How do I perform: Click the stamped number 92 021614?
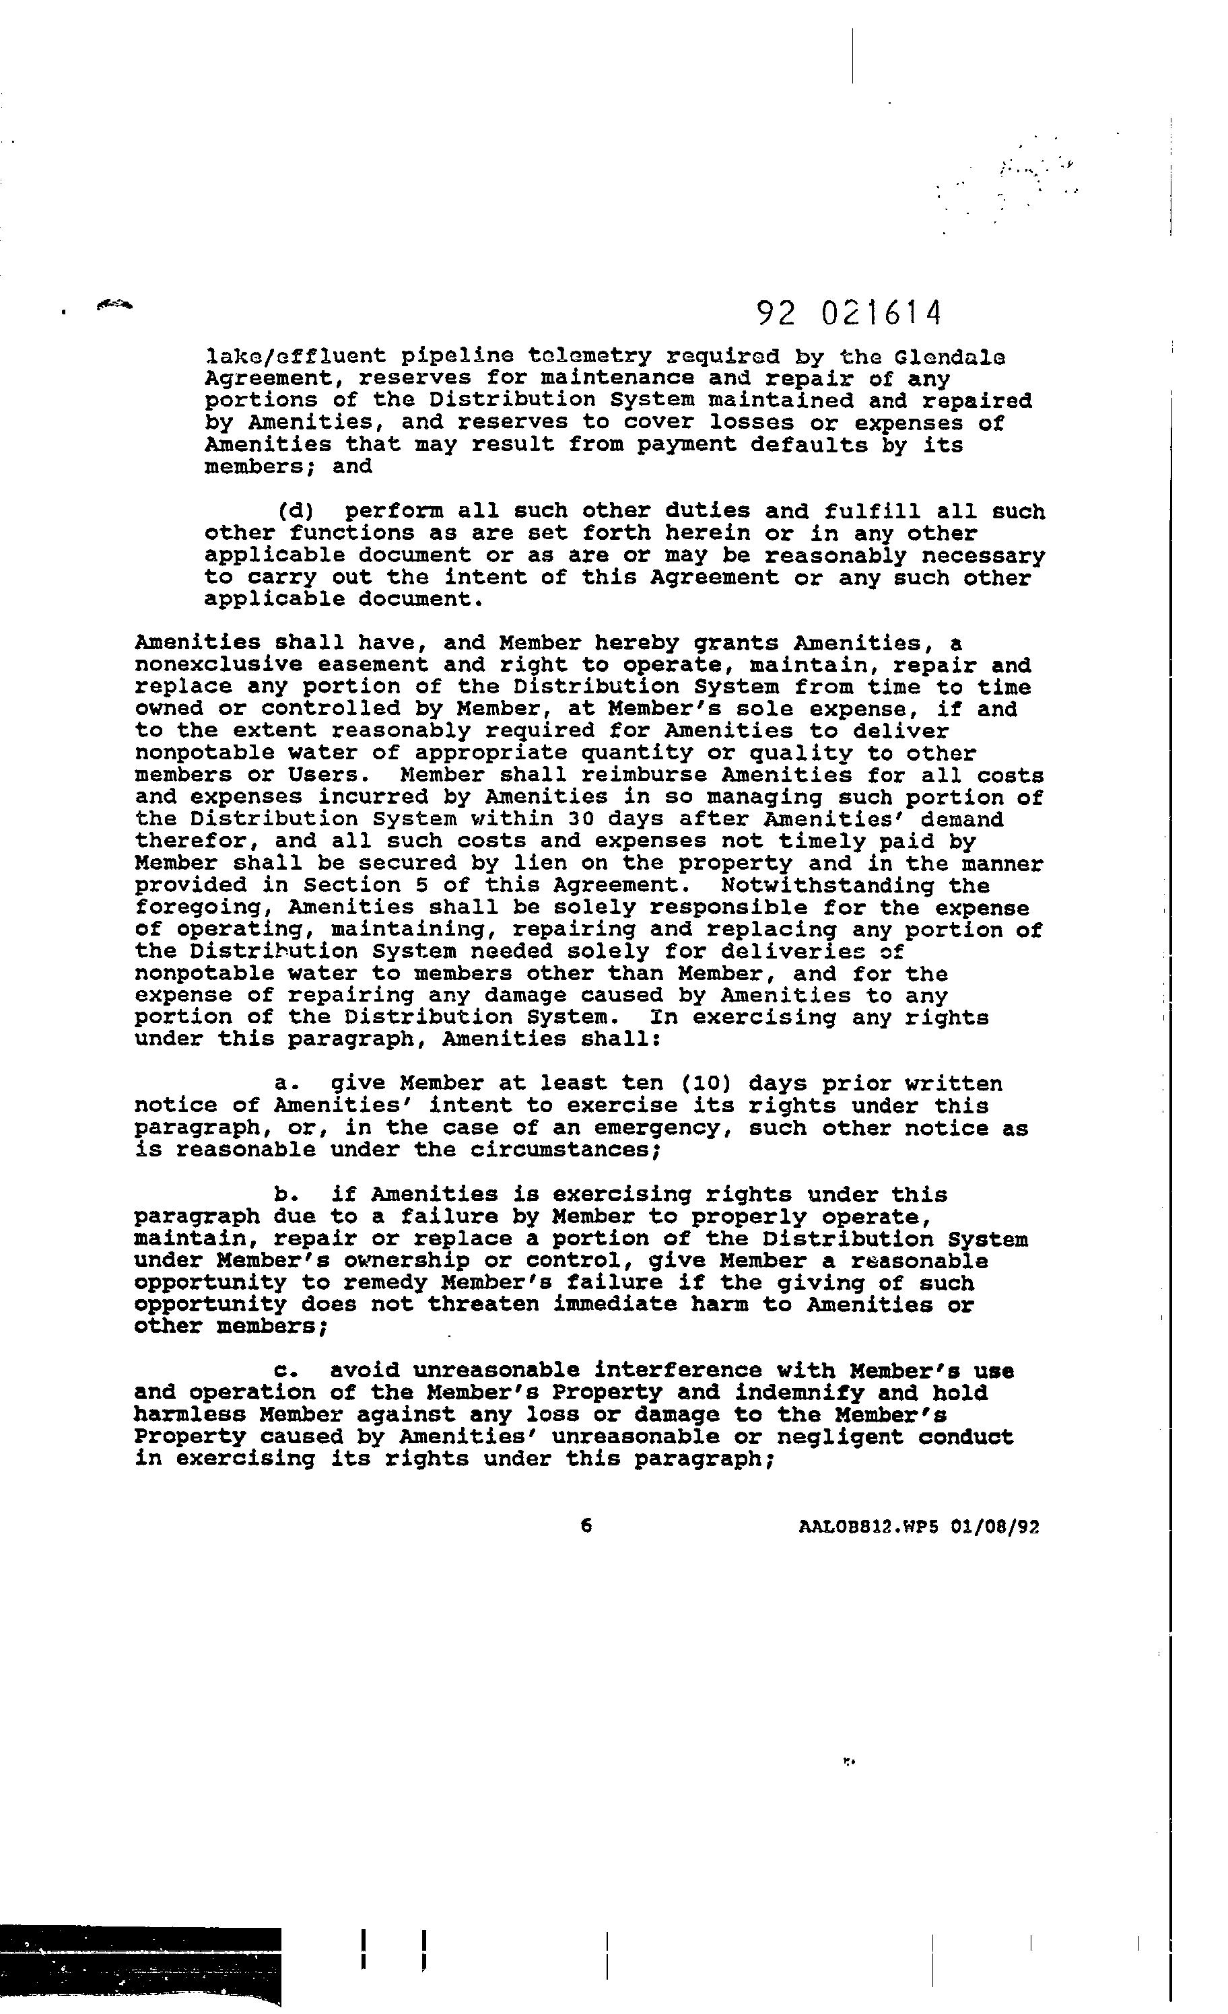pyautogui.click(x=849, y=313)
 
